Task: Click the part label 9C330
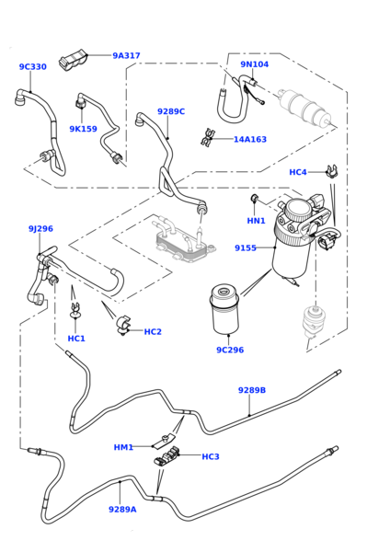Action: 32,67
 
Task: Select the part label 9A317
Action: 126,56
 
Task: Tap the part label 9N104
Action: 255,64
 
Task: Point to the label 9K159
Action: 83,130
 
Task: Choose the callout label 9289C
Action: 170,111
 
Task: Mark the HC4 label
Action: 298,172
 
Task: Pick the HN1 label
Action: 256,221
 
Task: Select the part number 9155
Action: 246,248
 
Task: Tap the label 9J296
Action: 40,229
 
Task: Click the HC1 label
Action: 76,339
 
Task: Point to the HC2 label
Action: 153,332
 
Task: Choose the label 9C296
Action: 230,351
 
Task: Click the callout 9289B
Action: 252,390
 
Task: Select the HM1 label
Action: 123,447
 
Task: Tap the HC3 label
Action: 211,456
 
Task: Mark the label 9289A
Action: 122,509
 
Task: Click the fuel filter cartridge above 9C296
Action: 224,310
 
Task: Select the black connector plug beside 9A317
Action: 72,62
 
